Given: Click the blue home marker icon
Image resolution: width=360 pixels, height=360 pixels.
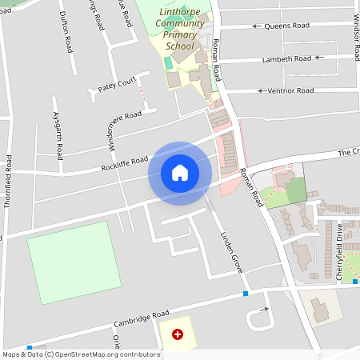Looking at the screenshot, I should [180, 172].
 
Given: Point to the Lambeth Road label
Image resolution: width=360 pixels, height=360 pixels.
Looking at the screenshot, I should [290, 58].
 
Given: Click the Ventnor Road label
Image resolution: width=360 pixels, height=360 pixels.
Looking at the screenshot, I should [291, 90].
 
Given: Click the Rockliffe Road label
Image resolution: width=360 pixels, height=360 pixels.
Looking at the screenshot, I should [125, 164].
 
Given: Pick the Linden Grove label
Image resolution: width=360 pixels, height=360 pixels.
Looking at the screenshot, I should [231, 253].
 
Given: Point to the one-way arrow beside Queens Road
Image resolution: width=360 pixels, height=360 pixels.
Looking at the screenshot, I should [258, 26].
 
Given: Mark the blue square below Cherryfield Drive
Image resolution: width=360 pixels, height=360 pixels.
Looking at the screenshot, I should [355, 282].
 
